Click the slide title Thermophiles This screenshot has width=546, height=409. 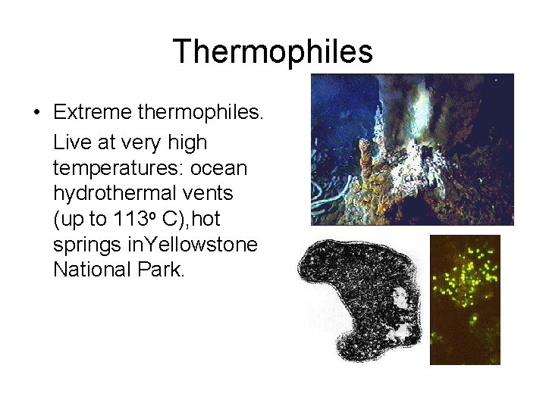273,52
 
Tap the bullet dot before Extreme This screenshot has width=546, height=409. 36,114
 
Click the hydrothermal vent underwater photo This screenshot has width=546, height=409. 412,149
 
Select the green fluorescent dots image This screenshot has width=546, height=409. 465,300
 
